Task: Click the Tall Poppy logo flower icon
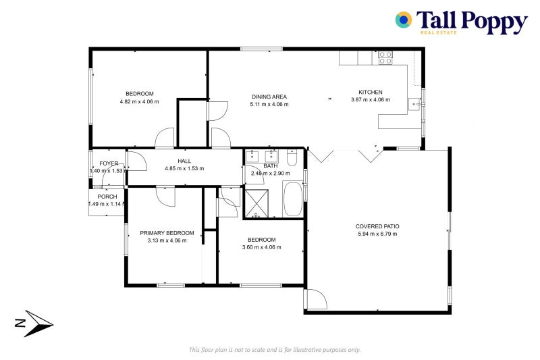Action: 404,20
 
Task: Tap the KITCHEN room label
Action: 371,93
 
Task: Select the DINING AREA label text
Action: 269,97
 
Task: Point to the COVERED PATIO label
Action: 377,226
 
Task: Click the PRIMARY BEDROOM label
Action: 167,233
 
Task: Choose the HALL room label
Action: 184,161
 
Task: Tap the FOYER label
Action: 109,163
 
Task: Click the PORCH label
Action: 107,197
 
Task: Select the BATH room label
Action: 271,165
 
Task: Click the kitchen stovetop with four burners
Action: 385,58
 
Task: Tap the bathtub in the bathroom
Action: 293,198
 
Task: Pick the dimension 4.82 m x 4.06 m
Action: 139,101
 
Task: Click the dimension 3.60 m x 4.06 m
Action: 261,247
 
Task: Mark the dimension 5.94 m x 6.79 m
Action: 377,234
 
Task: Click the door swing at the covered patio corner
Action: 315,299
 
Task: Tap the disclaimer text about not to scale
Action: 275,349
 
